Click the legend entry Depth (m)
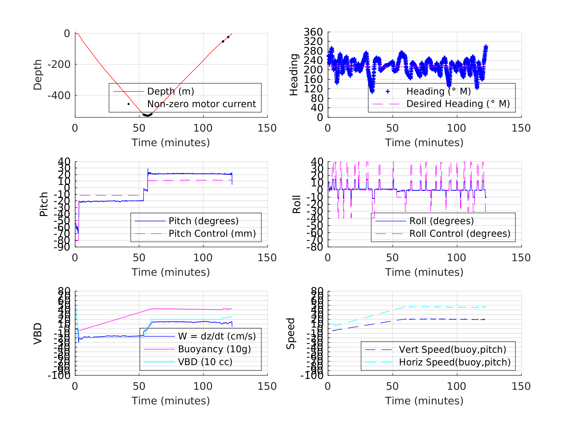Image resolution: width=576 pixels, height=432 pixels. (171, 91)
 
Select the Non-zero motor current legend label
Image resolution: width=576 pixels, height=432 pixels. (201, 104)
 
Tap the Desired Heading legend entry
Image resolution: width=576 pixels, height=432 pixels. (458, 104)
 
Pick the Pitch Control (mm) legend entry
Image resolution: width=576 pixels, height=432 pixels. (212, 234)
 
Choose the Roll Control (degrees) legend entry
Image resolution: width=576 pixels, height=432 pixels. (460, 234)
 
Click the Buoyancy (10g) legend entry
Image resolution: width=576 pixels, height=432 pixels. (214, 349)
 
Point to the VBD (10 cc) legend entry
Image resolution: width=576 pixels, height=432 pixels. (205, 362)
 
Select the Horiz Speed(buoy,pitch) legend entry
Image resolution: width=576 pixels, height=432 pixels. (454, 362)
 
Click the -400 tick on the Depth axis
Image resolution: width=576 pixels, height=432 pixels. (59, 96)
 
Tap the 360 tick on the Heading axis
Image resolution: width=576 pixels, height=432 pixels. (313, 32)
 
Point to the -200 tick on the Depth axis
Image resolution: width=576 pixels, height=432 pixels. (59, 65)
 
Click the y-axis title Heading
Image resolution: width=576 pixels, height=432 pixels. (294, 75)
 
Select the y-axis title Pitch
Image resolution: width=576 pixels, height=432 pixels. (44, 204)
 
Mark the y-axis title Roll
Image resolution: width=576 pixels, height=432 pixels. (297, 204)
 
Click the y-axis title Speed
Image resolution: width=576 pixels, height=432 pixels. (291, 334)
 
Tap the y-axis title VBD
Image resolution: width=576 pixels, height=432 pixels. (38, 334)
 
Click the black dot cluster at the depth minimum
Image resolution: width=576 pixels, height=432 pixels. (147, 115)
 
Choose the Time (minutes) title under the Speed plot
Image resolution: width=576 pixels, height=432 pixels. (424, 401)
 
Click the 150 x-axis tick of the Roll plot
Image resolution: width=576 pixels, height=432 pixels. (521, 258)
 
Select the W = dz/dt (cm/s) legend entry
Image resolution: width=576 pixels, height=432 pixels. (217, 336)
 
